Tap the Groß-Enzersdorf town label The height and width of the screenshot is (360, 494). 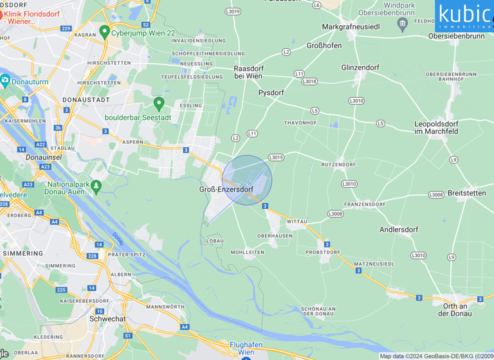point(226,189)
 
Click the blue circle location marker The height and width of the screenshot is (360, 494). point(247,180)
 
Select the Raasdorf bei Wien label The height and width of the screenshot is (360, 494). point(248,71)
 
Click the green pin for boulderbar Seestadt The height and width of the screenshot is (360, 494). point(159,104)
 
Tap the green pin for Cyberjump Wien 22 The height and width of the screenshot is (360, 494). point(104,32)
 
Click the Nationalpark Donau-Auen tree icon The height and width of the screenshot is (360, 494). point(96,187)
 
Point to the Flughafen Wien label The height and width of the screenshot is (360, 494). point(246,348)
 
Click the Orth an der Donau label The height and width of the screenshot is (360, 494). point(453,309)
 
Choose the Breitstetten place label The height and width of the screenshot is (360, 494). point(467,193)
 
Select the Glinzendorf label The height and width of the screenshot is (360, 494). point(360,67)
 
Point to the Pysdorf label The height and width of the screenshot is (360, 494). point(271,93)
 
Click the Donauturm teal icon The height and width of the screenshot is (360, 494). point(5,80)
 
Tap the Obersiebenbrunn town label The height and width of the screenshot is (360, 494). point(456,36)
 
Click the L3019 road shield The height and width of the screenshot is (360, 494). point(233,12)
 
